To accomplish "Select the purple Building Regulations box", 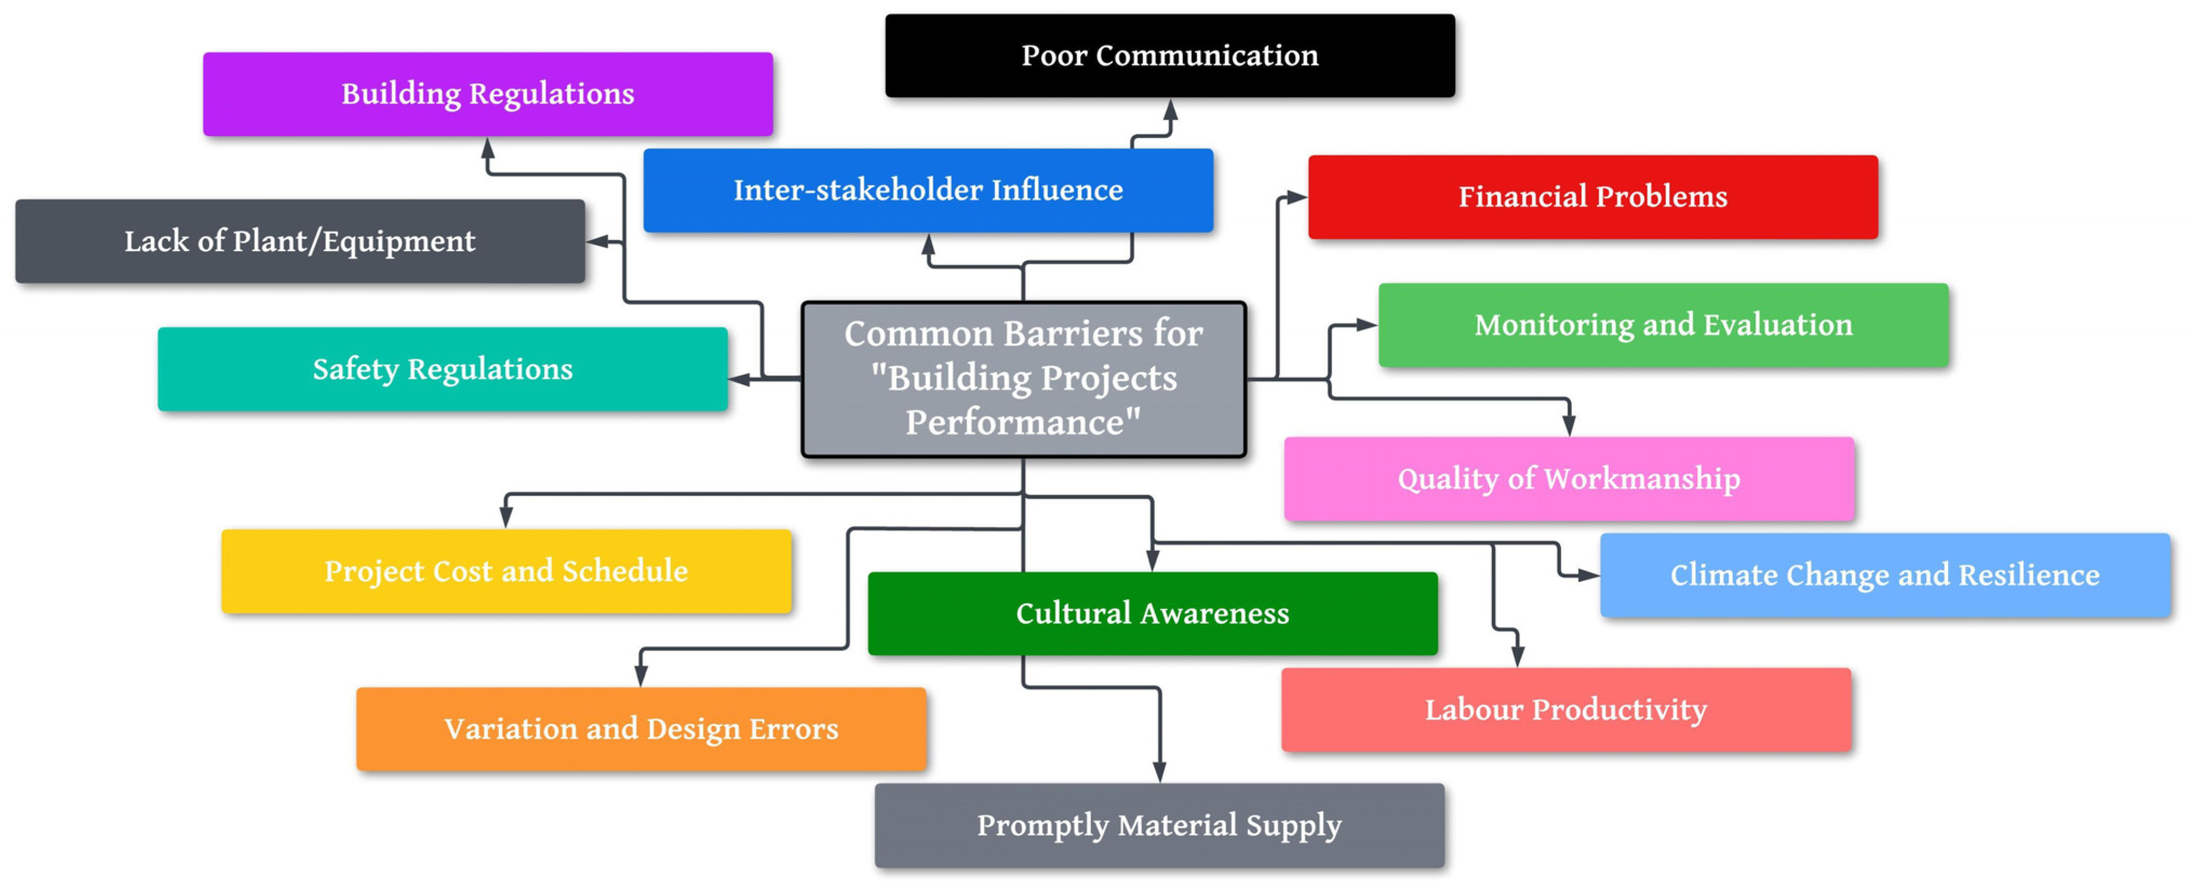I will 487,93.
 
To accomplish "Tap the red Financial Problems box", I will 1592,196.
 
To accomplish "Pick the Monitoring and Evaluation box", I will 1663,324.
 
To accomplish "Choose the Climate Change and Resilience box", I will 1884,574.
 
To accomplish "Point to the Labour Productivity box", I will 1566,710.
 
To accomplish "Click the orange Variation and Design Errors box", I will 641,728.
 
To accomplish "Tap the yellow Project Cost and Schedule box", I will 506,571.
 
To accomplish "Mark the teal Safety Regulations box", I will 442,369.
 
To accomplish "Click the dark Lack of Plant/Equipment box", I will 299,241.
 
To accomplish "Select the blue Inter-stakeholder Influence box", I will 928,189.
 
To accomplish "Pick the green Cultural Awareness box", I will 1152,613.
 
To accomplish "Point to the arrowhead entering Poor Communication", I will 1171,111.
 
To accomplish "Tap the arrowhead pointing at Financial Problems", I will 1294,197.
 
